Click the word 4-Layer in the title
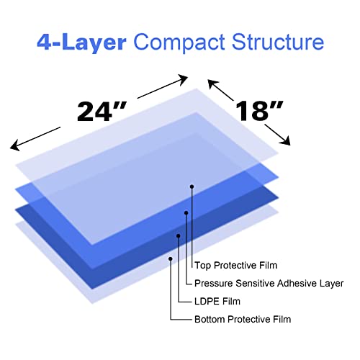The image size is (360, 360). coord(81,42)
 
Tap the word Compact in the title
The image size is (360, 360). coord(179,42)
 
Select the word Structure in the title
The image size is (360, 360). coord(278,42)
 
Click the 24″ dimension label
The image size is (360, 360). coord(102,112)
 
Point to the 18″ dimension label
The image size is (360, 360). coord(259,111)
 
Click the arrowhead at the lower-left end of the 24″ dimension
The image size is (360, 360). coord(15,146)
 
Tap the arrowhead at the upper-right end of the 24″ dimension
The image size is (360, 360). coord(183,79)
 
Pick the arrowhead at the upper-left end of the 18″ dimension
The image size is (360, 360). coord(213,84)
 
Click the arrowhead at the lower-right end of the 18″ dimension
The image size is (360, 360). coord(285,140)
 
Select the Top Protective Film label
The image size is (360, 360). coord(235,266)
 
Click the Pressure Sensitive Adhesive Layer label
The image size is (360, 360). coord(269,284)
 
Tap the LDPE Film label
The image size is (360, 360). coord(217,302)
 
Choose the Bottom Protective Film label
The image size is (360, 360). coord(243,320)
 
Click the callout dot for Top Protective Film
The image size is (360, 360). coord(192,186)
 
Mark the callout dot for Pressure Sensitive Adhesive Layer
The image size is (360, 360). coord(186,213)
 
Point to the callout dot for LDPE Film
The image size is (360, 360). coord(179,236)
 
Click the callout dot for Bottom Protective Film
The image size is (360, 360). coord(171,258)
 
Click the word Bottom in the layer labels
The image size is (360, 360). coord(210,320)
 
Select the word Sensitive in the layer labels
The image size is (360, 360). coord(255,283)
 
